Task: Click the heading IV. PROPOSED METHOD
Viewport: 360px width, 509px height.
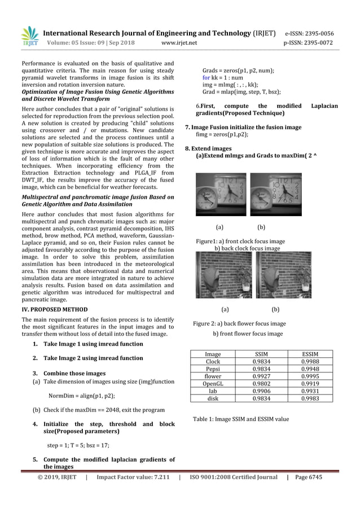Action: point(54,310)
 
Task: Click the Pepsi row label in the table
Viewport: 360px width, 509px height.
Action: point(213,369)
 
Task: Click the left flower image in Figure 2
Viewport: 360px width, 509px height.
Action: point(224,275)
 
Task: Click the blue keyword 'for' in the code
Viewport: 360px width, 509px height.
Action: point(207,78)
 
